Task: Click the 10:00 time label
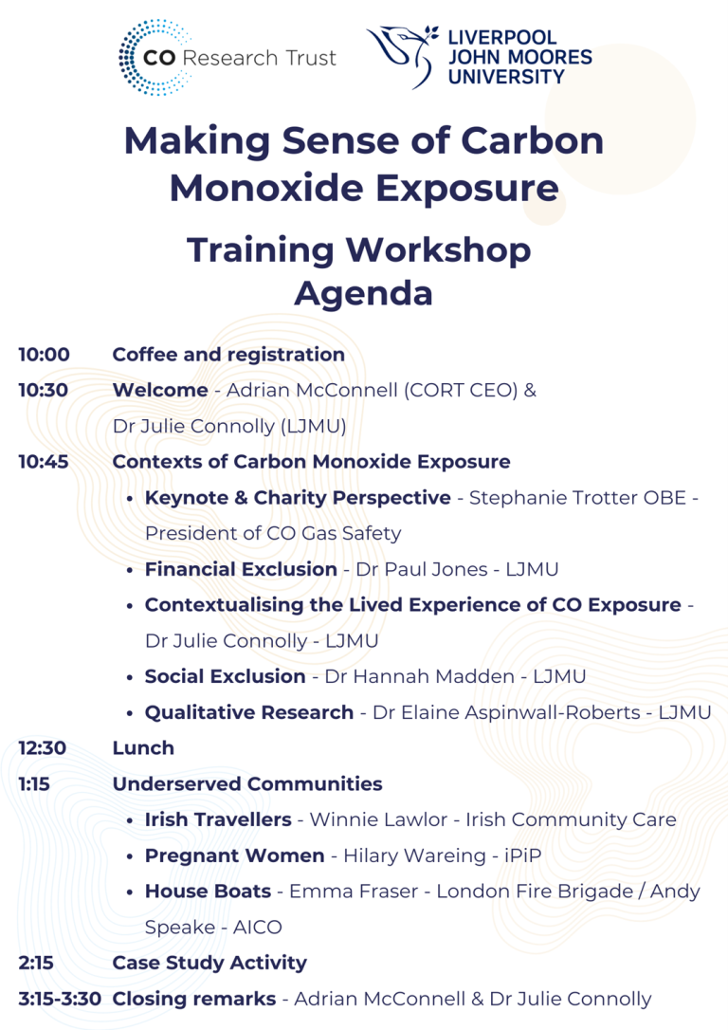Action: coord(44,355)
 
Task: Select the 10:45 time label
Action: coord(44,462)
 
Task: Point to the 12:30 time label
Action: coord(43,748)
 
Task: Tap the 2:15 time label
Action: coord(36,963)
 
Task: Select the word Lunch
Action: coord(143,748)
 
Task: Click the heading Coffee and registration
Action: coord(228,355)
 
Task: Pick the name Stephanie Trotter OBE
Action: coord(577,498)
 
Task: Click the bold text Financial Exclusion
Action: coord(241,570)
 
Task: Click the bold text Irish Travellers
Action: coord(218,819)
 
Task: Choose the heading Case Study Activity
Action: coord(209,963)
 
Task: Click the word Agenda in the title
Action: coord(363,293)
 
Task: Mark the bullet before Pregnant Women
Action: coord(129,855)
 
